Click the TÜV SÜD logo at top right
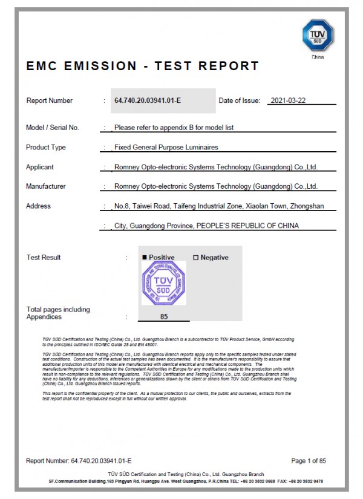[318, 36]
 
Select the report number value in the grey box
[148, 100]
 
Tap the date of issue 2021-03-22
[289, 100]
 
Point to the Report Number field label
[49, 100]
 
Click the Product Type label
[46, 148]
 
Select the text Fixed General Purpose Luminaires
[166, 148]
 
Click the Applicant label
[40, 167]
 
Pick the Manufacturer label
[46, 186]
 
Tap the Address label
[39, 206]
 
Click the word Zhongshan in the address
[307, 206]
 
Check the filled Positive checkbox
[145, 258]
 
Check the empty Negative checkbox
[195, 258]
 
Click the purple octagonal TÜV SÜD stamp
[164, 282]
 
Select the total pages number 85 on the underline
[164, 316]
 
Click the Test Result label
[44, 258]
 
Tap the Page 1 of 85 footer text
[309, 461]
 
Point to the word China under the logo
[318, 57]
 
